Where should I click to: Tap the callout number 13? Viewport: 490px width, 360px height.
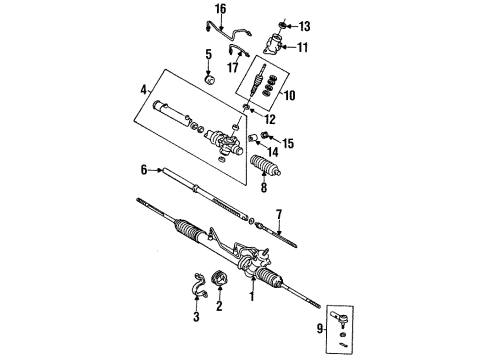click(x=306, y=24)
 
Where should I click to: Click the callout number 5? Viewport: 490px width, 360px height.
click(x=208, y=54)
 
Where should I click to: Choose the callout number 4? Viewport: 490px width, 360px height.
click(x=145, y=90)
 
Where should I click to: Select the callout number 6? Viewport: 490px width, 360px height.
click(x=144, y=170)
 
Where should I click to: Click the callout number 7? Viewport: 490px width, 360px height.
click(x=281, y=214)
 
